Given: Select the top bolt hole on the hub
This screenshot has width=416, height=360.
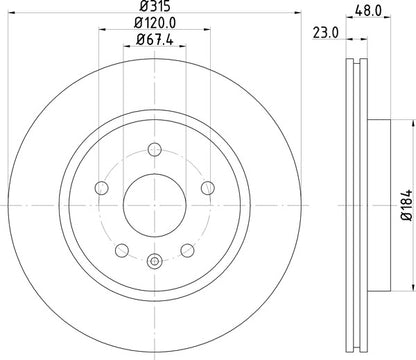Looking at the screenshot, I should click(x=154, y=151).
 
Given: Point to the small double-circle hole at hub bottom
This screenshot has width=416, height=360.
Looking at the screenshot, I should click(x=154, y=263).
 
